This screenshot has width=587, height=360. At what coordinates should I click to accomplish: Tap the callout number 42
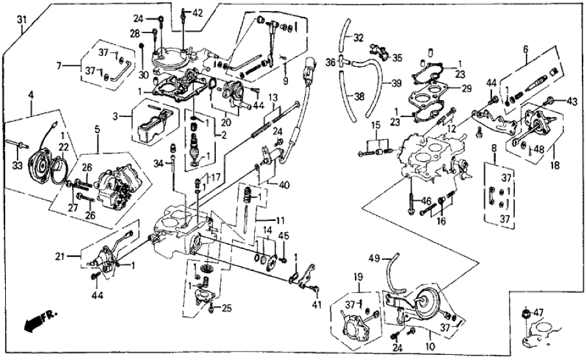pyautogui.click(x=197, y=12)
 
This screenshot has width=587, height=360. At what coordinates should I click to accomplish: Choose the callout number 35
pyautogui.click(x=397, y=57)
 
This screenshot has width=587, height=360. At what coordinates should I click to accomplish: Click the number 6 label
pyautogui.click(x=525, y=47)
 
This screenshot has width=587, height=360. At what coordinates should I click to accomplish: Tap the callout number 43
pyautogui.click(x=571, y=101)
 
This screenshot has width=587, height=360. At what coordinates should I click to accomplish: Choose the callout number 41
pyautogui.click(x=318, y=304)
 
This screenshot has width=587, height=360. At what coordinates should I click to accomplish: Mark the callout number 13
pyautogui.click(x=274, y=97)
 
